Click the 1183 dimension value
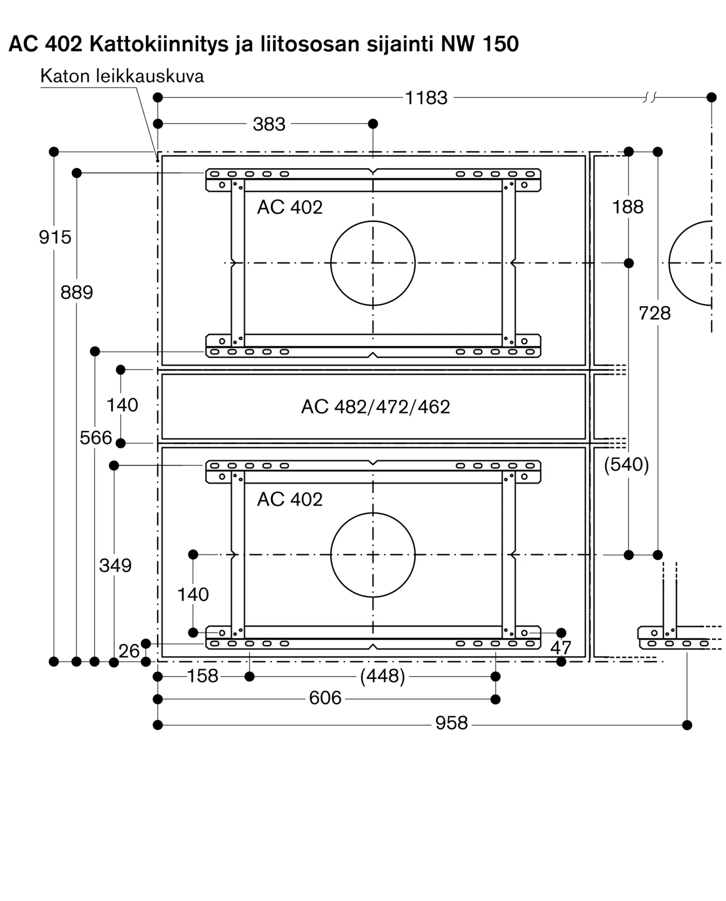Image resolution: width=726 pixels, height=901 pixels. click(x=426, y=98)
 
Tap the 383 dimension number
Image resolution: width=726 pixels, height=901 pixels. click(x=269, y=124)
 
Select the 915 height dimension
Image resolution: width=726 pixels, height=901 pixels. click(x=55, y=237)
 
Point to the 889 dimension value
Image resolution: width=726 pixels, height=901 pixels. click(x=77, y=292)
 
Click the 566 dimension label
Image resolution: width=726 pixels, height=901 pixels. click(x=96, y=437)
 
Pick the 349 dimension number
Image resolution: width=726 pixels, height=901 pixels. click(x=115, y=565)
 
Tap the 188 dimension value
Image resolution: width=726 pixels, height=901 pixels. click(x=628, y=207)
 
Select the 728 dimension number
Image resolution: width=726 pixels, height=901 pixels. click(x=655, y=313)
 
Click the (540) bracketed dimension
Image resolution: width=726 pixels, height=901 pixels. click(x=626, y=464)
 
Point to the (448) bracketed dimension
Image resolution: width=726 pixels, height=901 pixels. click(x=383, y=676)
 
